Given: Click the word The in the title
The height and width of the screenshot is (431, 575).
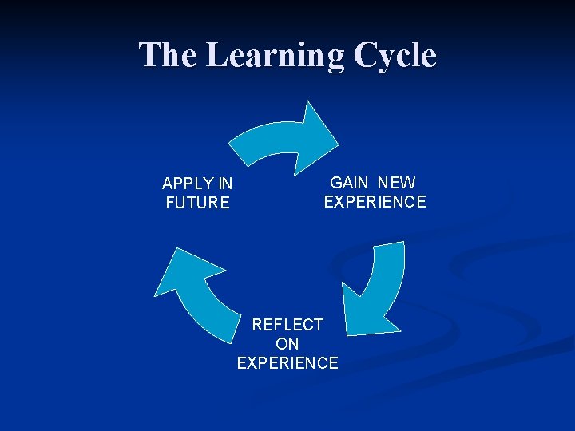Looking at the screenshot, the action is (168, 55).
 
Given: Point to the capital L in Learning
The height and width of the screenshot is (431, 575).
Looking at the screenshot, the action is (216, 55).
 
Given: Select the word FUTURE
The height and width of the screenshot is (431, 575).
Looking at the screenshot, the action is (197, 203).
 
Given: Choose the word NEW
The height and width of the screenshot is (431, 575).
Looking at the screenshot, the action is (397, 183).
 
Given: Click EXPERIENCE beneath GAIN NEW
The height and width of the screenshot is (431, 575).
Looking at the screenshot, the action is (375, 201).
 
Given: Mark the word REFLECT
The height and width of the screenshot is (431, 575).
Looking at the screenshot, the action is (287, 325).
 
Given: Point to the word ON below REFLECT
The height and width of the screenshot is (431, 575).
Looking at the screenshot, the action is (287, 344).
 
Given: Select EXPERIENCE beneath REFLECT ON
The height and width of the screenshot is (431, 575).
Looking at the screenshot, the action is (287, 363).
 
